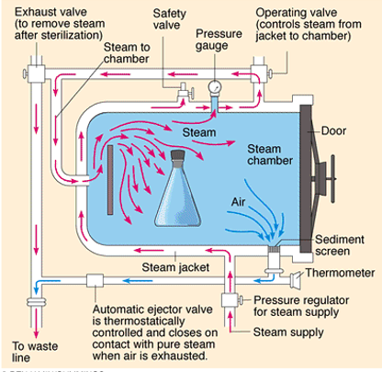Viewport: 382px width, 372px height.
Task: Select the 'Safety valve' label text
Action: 171,21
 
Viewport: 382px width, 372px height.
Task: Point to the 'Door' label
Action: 334,130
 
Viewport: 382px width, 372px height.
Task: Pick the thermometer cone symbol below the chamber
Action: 297,277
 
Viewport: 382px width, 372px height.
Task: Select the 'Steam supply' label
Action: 289,331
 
